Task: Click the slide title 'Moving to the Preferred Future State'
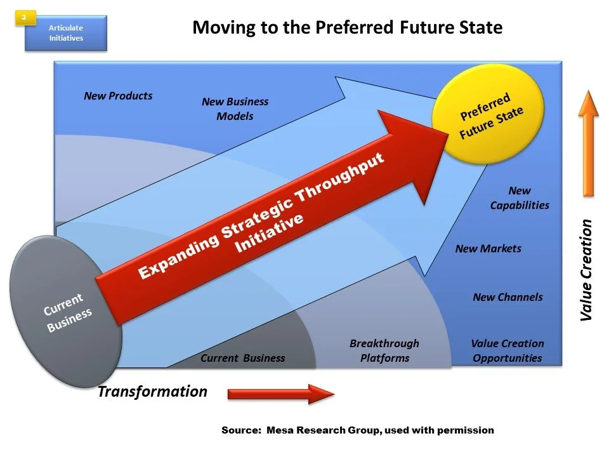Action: [347, 28]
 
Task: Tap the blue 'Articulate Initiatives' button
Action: [66, 33]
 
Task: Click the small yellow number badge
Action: [23, 18]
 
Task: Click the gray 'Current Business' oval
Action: [66, 310]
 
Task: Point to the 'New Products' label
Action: [118, 96]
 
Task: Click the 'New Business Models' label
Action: [235, 109]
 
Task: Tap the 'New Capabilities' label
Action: [519, 198]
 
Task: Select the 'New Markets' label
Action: [488, 248]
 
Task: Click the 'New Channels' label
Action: [507, 296]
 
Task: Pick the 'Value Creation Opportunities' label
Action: [507, 350]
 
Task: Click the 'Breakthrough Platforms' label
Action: [384, 350]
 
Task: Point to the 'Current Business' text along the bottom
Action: [242, 358]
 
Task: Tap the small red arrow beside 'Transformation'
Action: [280, 394]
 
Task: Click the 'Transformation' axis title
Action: [152, 392]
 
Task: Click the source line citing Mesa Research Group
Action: [357, 430]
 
